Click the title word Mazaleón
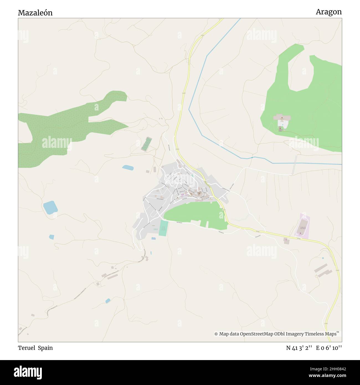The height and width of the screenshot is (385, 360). (x=35, y=13)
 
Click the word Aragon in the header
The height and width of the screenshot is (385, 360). (x=329, y=12)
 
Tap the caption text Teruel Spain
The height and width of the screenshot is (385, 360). (x=35, y=348)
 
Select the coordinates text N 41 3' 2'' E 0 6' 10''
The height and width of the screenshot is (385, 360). (x=314, y=348)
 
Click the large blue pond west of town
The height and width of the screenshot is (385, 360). (x=50, y=207)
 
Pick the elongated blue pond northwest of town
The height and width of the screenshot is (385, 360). (x=128, y=167)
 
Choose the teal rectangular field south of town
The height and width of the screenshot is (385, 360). (x=163, y=228)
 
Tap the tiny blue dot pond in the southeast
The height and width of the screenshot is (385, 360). (x=323, y=258)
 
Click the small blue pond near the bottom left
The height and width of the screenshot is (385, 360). (x=108, y=301)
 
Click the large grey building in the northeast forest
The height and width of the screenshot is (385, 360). (x=282, y=118)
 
